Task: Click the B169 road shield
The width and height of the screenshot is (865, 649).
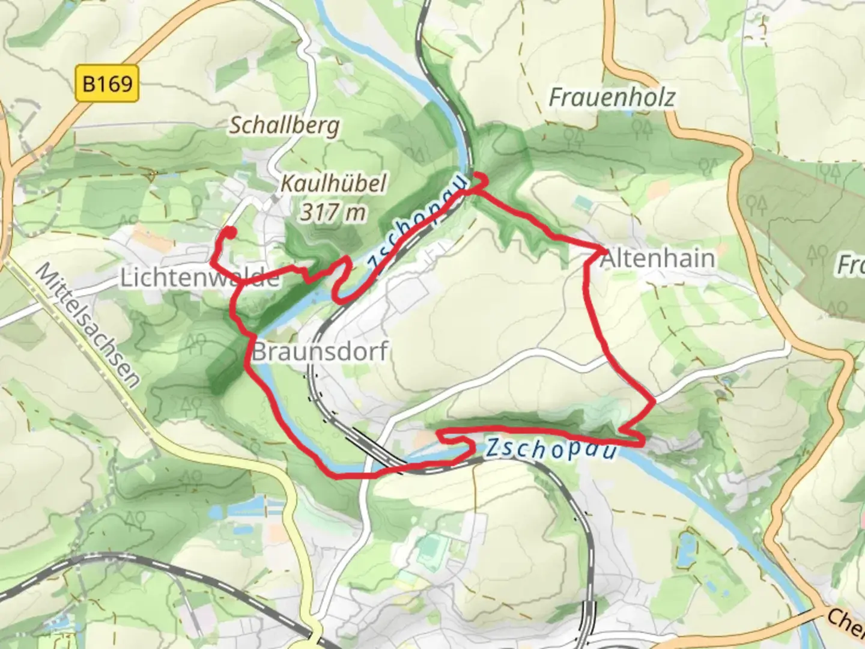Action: coord(108,83)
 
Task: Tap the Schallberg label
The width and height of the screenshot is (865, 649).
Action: coord(285,126)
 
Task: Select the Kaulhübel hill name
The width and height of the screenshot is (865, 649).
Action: coord(333,183)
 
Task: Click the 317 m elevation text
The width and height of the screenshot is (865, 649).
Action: coord(333,212)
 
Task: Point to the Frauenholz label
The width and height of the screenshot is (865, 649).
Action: coord(612,97)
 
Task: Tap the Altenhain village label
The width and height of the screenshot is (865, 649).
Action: coord(658,258)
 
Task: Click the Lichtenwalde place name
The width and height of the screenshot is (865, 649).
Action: coord(200,278)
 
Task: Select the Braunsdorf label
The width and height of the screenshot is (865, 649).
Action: coord(320,352)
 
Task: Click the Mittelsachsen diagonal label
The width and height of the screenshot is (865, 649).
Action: coord(88,324)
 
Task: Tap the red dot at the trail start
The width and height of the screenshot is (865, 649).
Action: coord(230,231)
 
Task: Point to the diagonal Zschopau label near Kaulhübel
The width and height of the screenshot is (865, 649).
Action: coord(416,222)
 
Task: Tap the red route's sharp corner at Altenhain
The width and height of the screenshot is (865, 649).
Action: coord(601,249)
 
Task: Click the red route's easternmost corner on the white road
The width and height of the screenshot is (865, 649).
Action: coord(654,400)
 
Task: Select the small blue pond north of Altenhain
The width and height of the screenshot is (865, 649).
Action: coord(581,203)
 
